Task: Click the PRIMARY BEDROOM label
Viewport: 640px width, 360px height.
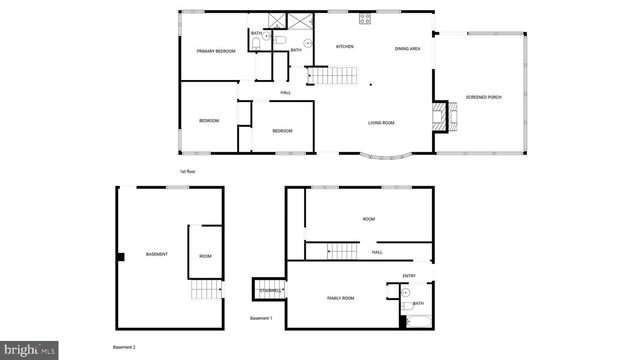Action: [x=215, y=51]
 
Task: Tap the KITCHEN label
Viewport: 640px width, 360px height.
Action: [x=344, y=47]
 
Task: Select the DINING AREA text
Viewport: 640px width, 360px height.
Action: [x=407, y=48]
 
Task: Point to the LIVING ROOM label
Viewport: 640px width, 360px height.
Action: [x=381, y=123]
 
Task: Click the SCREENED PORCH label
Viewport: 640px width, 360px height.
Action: [x=484, y=97]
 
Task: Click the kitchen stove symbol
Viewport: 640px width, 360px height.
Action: [x=366, y=16]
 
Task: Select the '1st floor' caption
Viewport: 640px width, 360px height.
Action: [x=186, y=171]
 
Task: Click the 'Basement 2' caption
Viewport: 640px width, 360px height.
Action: [x=124, y=346]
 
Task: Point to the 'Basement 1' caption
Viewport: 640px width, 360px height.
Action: [x=261, y=319]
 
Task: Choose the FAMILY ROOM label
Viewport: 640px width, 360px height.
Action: [x=341, y=298]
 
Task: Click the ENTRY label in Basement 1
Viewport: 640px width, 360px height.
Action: [x=408, y=276]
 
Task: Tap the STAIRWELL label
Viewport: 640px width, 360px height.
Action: [x=271, y=290]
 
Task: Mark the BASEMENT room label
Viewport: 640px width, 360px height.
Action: [x=156, y=254]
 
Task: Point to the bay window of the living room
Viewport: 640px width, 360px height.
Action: [x=386, y=156]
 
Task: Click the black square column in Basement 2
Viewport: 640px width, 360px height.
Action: [x=120, y=256]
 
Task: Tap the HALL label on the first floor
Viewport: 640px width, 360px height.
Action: [x=285, y=93]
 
